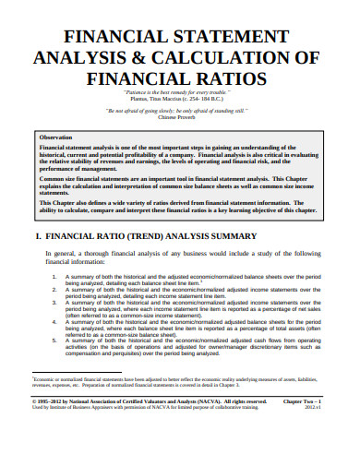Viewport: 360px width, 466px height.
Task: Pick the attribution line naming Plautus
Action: click(180, 101)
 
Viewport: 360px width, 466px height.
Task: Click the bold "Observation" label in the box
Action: click(59, 136)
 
